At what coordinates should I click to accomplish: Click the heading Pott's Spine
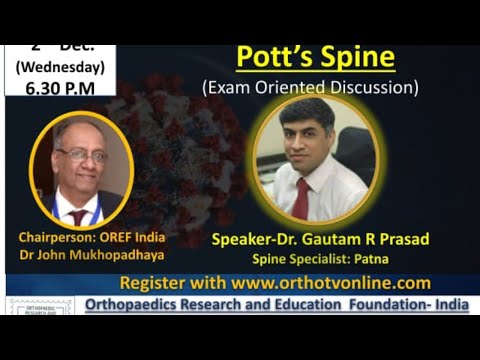315,57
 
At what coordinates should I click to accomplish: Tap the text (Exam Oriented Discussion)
309,87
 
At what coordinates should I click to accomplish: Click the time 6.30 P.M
60,87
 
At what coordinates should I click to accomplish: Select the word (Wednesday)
60,67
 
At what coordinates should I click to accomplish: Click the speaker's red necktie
300,198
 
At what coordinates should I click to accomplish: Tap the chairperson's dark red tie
78,215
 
